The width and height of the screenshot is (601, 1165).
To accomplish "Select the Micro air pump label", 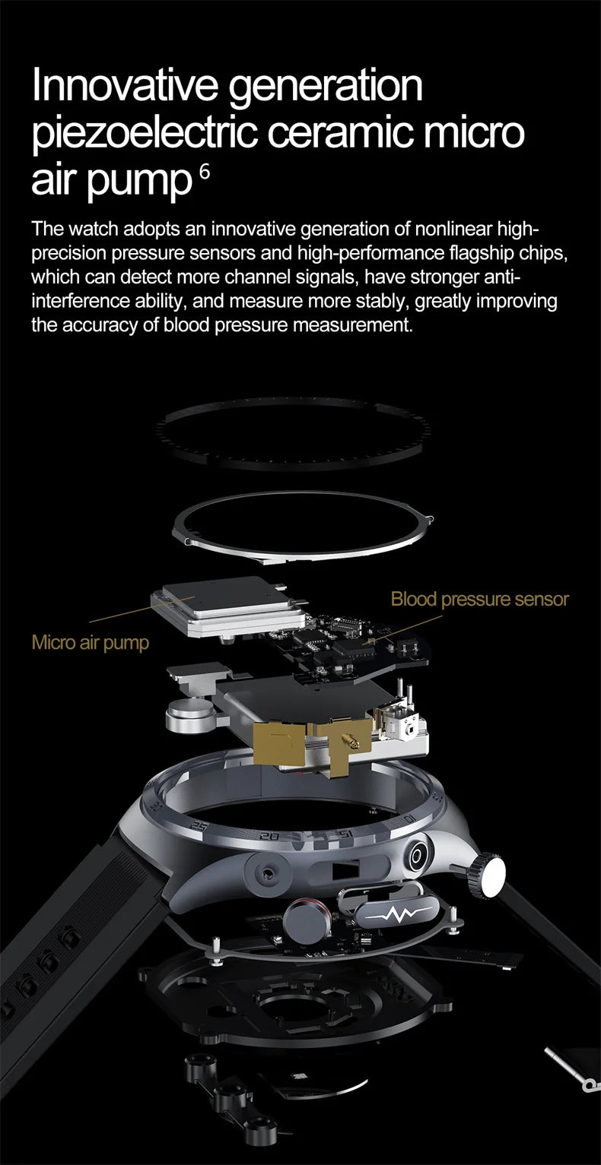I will [91, 643].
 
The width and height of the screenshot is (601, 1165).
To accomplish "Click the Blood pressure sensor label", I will [479, 600].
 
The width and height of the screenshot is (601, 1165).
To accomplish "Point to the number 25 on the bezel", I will [200, 826].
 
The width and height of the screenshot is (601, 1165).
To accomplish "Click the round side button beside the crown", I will [418, 857].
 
